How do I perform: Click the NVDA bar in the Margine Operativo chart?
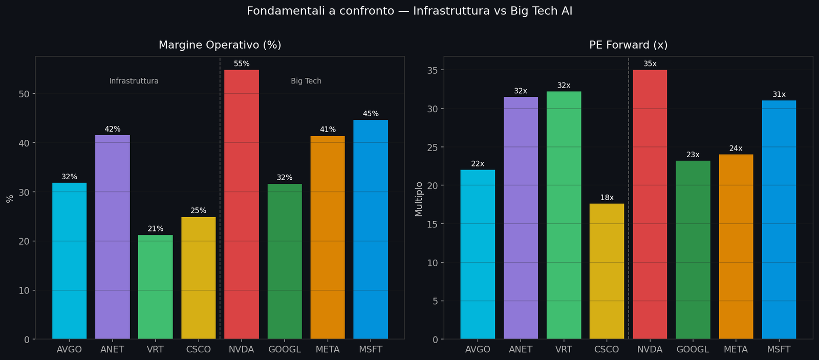click(242, 205)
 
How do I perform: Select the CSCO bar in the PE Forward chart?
click(607, 271)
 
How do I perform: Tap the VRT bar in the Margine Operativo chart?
click(156, 287)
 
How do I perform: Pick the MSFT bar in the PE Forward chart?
click(779, 220)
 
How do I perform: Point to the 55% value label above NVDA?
click(242, 64)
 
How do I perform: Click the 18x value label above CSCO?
click(607, 198)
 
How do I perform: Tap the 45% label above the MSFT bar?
click(371, 114)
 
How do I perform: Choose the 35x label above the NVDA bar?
click(650, 64)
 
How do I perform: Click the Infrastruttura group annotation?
click(134, 81)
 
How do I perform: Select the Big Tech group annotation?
click(306, 81)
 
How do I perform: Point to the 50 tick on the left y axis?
click(25, 94)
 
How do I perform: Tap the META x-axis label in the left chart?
click(328, 350)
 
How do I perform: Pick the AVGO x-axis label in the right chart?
click(478, 350)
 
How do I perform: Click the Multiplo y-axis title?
click(419, 199)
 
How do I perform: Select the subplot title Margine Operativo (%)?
click(220, 45)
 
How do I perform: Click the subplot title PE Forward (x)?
click(628, 45)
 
